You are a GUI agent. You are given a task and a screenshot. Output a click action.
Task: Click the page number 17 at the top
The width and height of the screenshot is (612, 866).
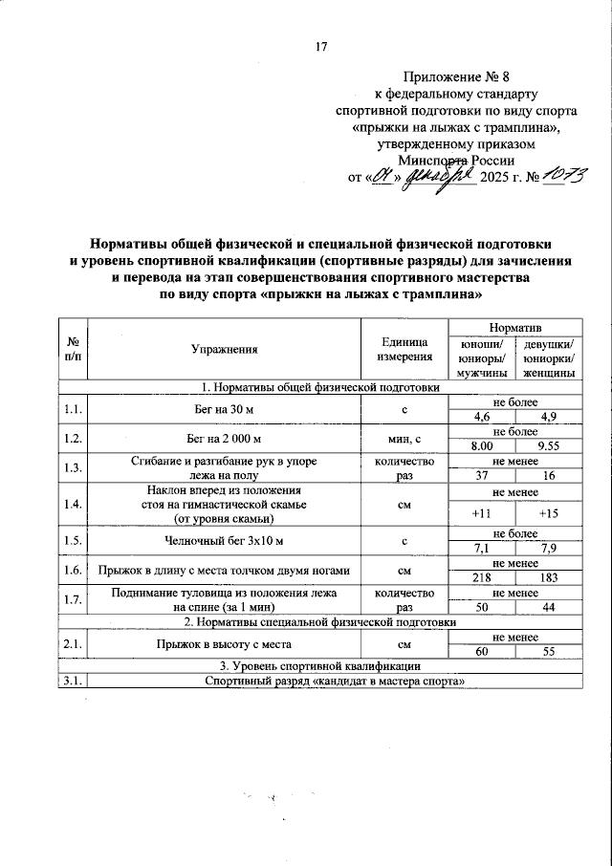click(x=322, y=47)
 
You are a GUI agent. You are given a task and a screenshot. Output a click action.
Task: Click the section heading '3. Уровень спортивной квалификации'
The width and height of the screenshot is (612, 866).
click(x=321, y=665)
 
